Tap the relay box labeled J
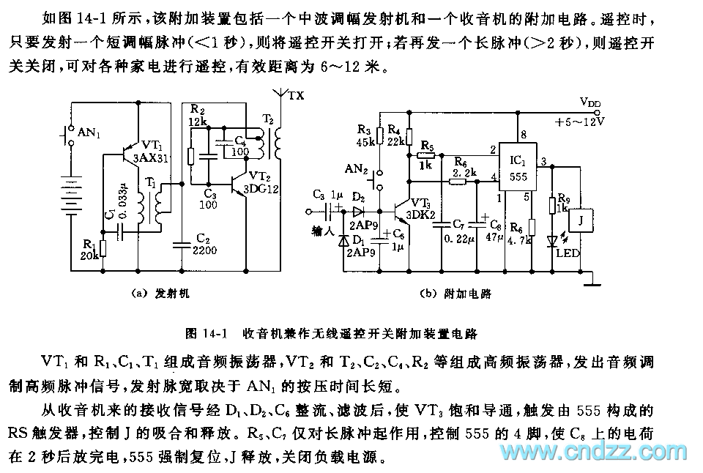point(580,220)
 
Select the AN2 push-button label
point(358,169)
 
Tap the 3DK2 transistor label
point(422,215)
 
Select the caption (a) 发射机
point(161,294)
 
